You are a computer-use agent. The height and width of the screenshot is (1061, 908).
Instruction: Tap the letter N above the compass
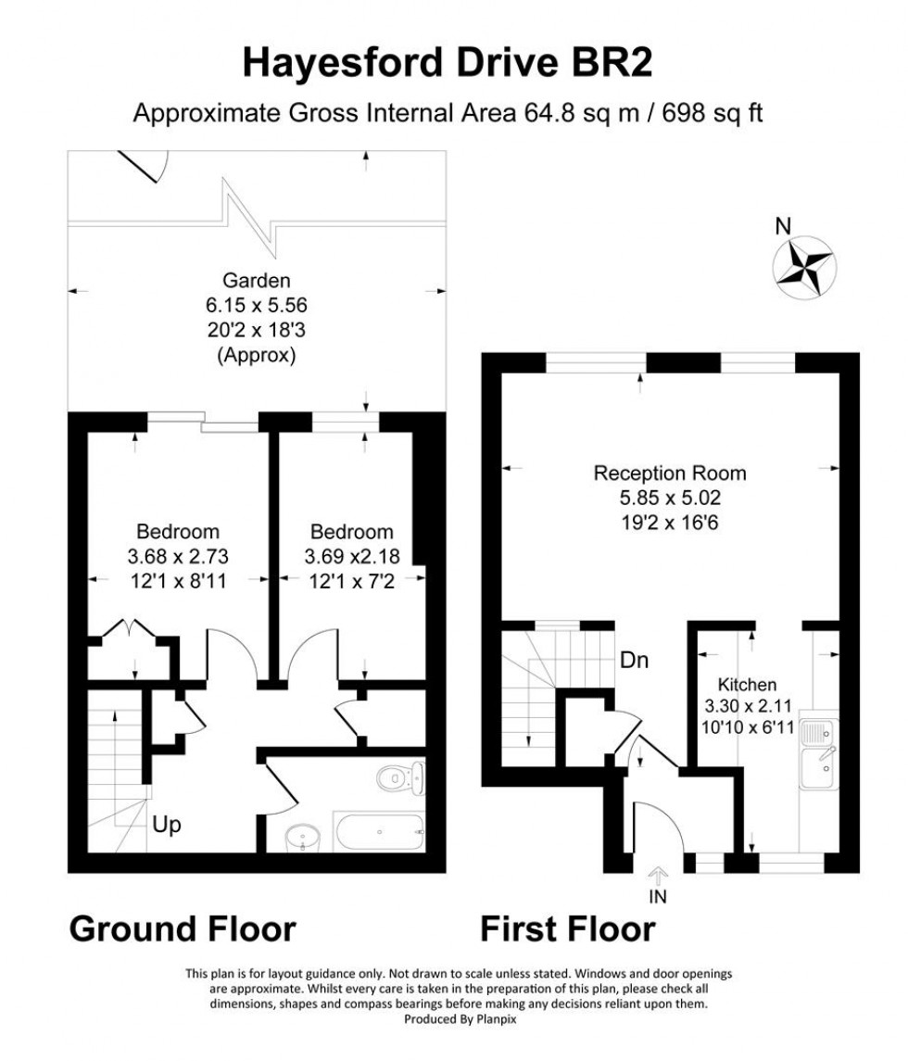pos(783,224)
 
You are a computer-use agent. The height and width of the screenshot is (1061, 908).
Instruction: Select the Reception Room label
pos(669,474)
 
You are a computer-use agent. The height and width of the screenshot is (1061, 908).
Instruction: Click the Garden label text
pos(257,280)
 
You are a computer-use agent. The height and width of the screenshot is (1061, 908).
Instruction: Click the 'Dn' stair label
pos(634,661)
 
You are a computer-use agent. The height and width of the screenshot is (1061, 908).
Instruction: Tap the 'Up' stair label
pos(167,823)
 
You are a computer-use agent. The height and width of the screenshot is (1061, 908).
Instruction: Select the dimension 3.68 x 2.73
pos(178,557)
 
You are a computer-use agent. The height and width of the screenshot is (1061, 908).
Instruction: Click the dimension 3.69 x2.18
pos(351,557)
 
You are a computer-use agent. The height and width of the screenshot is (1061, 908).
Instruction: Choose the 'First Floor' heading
pos(567,928)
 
